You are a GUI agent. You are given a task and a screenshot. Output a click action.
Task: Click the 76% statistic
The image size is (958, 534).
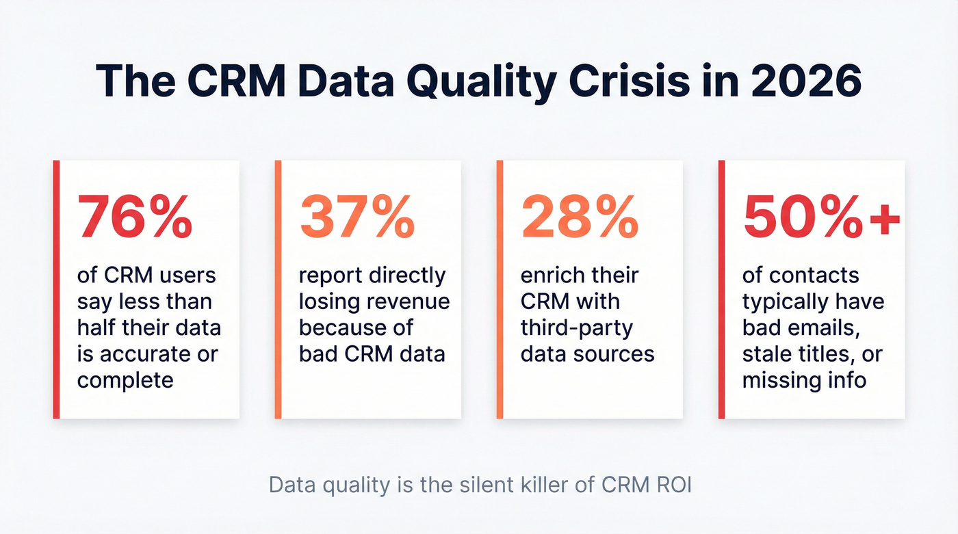pyautogui.click(x=134, y=217)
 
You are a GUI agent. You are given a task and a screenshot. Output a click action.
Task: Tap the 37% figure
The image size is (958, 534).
pyautogui.click(x=357, y=217)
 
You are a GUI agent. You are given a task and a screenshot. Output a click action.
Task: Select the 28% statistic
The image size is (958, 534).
pyautogui.click(x=580, y=217)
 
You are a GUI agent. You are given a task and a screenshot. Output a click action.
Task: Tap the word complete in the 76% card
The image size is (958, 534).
pyautogui.click(x=125, y=380)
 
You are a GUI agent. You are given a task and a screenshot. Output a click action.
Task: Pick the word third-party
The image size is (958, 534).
pyautogui.click(x=576, y=328)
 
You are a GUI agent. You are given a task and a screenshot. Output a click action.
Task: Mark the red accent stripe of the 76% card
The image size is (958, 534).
pyautogui.click(x=56, y=289)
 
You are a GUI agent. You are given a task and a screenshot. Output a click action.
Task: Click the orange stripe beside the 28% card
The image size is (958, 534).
pyautogui.click(x=500, y=289)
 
